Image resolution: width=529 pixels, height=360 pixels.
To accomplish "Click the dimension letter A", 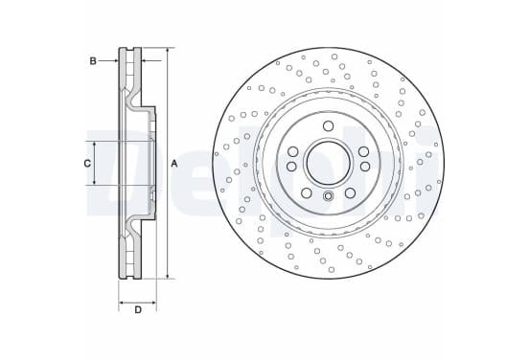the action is (174, 164).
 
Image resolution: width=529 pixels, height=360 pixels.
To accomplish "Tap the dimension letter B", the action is (93, 61).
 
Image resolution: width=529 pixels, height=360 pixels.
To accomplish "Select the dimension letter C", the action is (87, 164).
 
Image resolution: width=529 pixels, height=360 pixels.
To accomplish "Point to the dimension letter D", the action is (138, 310).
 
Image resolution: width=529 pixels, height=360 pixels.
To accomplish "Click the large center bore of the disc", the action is (328, 163).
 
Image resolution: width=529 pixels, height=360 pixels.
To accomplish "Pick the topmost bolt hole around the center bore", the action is (328, 126).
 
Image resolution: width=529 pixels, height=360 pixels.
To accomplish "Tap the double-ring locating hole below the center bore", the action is (328, 196).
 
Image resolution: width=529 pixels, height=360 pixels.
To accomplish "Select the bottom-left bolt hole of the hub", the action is (307, 193).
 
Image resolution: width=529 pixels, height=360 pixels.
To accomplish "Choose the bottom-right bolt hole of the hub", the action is (350, 193).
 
